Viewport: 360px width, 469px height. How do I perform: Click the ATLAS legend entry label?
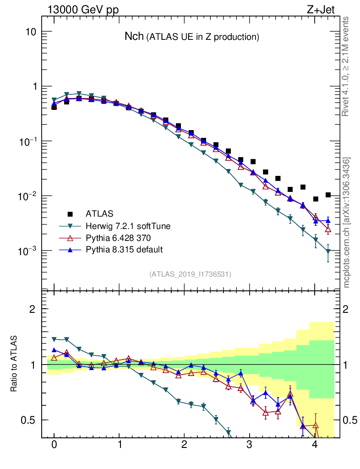click(x=99, y=213)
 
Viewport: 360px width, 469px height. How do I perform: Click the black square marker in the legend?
click(x=70, y=213)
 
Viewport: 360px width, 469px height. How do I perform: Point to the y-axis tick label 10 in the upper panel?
click(x=31, y=32)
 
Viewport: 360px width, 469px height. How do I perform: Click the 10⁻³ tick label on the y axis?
click(x=27, y=251)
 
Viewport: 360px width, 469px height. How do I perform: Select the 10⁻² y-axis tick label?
click(x=27, y=196)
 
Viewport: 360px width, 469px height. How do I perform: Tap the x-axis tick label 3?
click(x=249, y=445)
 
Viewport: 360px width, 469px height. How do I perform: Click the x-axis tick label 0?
click(x=54, y=445)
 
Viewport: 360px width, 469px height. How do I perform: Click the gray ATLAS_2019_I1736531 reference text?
click(x=190, y=274)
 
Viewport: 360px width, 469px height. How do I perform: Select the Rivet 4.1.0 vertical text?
click(x=347, y=66)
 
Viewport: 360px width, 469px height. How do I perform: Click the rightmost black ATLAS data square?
click(x=327, y=195)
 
